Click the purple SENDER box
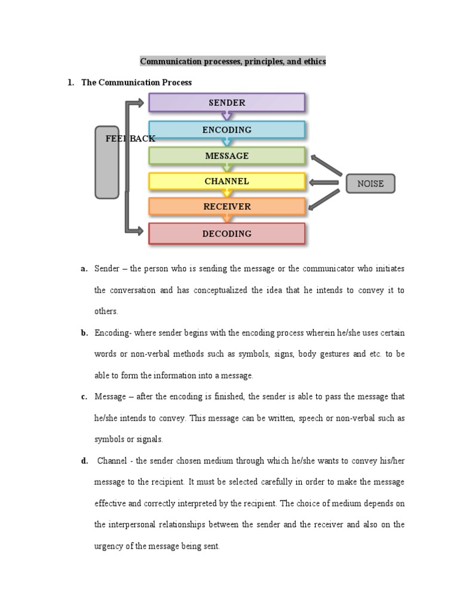[227, 103]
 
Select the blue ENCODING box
[227, 130]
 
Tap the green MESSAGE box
[227, 156]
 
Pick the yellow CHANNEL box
[227, 181]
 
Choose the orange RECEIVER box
[227, 207]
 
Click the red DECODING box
[227, 234]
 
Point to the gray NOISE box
[371, 183]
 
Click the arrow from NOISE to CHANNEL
[325, 183]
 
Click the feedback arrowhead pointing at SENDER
[139, 103]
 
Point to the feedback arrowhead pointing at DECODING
[139, 229]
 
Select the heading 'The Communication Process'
[136, 82]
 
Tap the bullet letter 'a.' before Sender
[84, 269]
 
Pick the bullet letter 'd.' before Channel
[84, 460]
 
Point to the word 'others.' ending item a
[106, 311]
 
